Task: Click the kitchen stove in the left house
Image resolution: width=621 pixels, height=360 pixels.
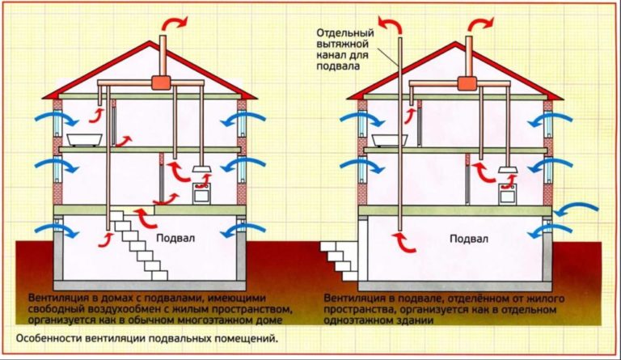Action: [200, 194]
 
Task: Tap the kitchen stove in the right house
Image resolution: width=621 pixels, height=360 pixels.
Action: [508, 194]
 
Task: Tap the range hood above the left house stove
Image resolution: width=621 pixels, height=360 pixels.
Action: [201, 170]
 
